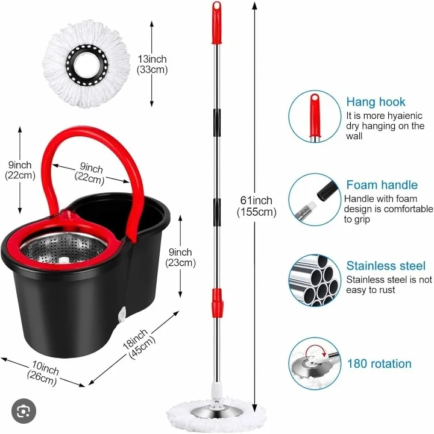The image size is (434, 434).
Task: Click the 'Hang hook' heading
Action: coord(376,102)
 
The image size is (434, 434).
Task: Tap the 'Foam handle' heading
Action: coord(382,185)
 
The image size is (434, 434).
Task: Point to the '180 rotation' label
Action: coord(379,363)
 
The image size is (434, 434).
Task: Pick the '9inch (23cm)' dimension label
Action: coord(180,257)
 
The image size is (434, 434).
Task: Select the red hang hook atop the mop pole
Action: coord(216,14)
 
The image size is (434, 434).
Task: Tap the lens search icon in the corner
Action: coord(24,411)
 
